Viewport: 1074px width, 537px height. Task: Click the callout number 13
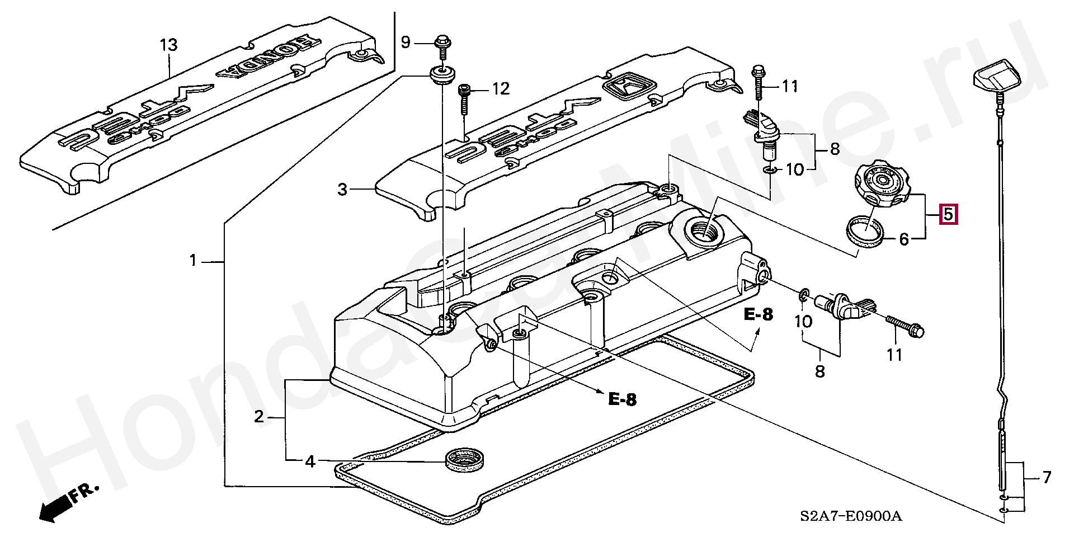coord(168,44)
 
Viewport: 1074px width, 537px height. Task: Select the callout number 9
coord(406,41)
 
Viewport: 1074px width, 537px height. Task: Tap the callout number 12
coord(501,88)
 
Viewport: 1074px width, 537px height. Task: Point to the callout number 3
coord(343,190)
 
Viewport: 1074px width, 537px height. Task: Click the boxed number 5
coord(948,214)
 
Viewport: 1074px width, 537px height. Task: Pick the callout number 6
coord(904,239)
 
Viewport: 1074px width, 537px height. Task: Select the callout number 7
coord(1045,478)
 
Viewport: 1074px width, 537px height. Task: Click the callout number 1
coord(193,261)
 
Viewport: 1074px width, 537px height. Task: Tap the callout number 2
coord(258,417)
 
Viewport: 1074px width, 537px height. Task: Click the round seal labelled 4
coord(465,460)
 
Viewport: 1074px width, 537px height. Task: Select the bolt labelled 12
coord(464,99)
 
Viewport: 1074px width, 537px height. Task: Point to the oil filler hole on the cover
coord(703,230)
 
